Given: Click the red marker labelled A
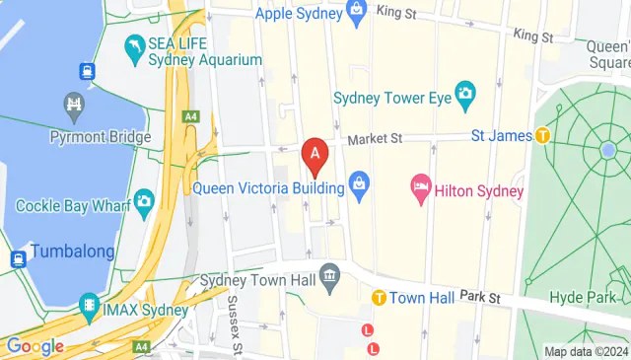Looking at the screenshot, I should pyautogui.click(x=315, y=155).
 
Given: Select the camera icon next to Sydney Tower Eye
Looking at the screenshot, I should pyautogui.click(x=465, y=97).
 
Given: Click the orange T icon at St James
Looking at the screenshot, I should pyautogui.click(x=542, y=135).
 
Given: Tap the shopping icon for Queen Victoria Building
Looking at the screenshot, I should pyautogui.click(x=359, y=186).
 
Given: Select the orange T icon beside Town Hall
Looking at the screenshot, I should pyautogui.click(x=378, y=297).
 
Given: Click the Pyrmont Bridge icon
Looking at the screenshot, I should pyautogui.click(x=74, y=104).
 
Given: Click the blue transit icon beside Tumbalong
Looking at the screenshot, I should pyautogui.click(x=18, y=259).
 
